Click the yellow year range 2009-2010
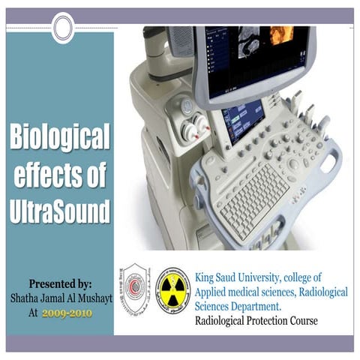68,311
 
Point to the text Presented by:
60,284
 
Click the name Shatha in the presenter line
28,298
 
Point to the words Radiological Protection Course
256,321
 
